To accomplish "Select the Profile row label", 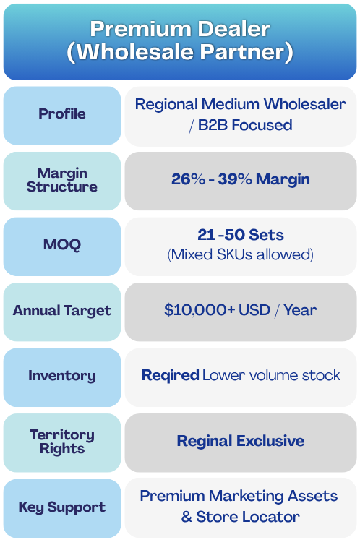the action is [x=62, y=113].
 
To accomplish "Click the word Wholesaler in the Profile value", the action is [x=304, y=104].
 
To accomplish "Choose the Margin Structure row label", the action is [x=62, y=180].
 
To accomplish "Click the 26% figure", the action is [x=189, y=179].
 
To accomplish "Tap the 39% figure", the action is [x=235, y=179].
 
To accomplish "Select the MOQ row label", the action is [x=62, y=244].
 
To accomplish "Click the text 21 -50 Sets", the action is [x=241, y=235].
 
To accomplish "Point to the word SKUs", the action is [x=234, y=254].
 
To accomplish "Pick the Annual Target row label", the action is [x=62, y=310].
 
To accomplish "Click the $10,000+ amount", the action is [x=200, y=309].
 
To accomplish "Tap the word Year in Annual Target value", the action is [x=300, y=309].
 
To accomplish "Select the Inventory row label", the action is [x=62, y=375].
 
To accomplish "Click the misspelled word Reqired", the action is [x=170, y=375].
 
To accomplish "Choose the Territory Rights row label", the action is [x=62, y=442].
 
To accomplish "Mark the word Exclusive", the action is [x=270, y=441].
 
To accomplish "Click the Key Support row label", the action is [x=62, y=507].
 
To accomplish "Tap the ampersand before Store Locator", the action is [x=187, y=517].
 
